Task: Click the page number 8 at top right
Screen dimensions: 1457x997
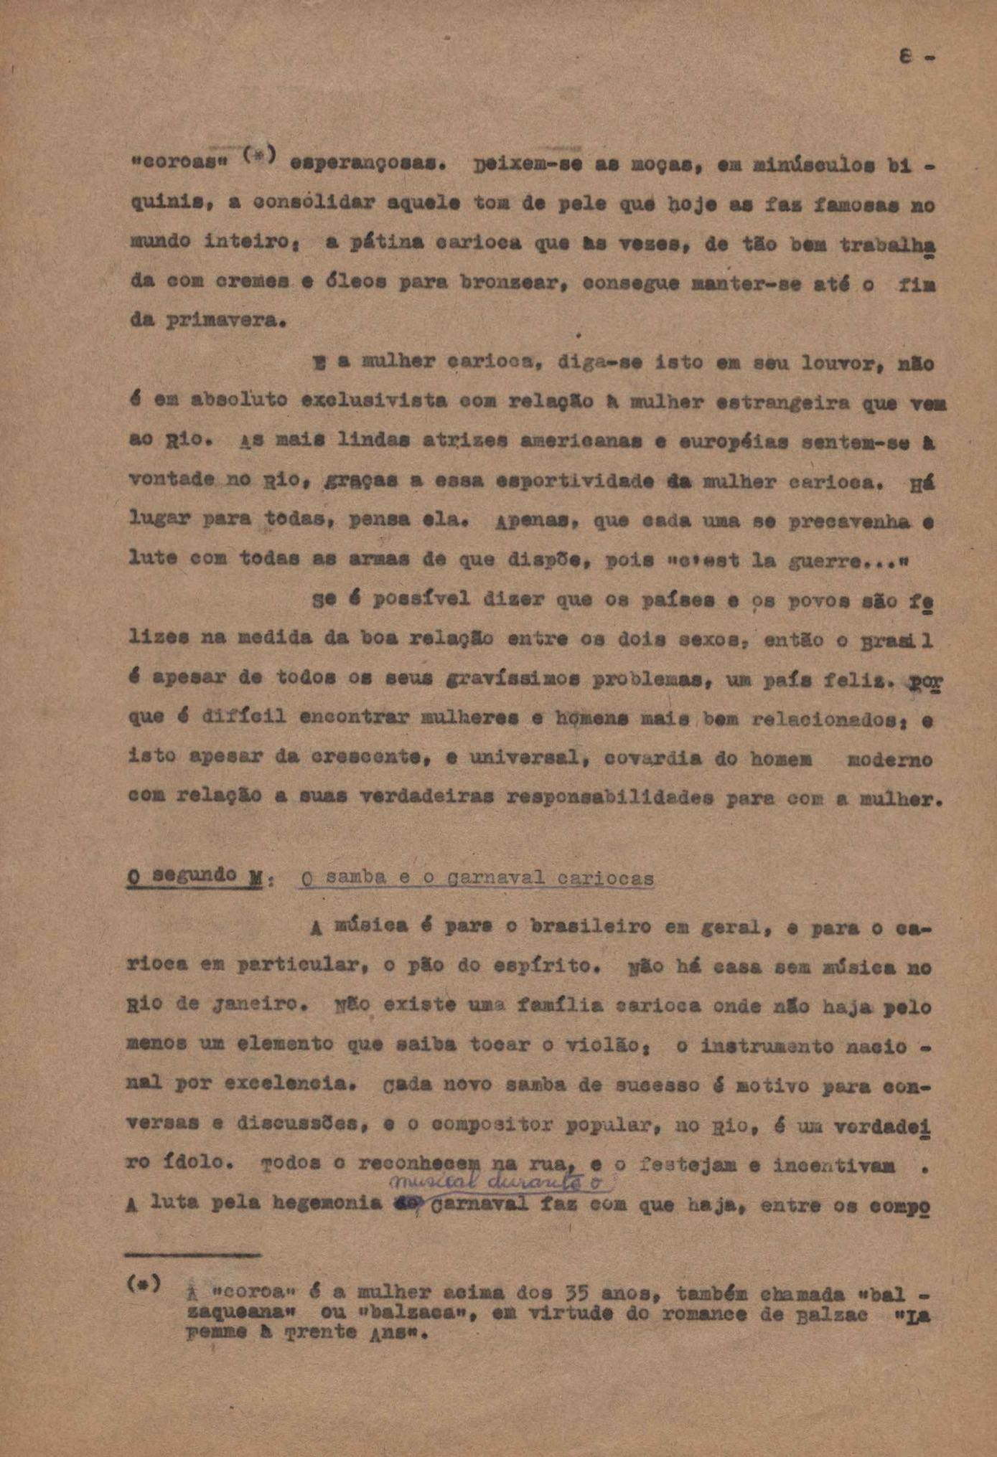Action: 907,58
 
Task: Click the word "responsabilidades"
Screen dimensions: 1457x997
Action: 609,797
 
